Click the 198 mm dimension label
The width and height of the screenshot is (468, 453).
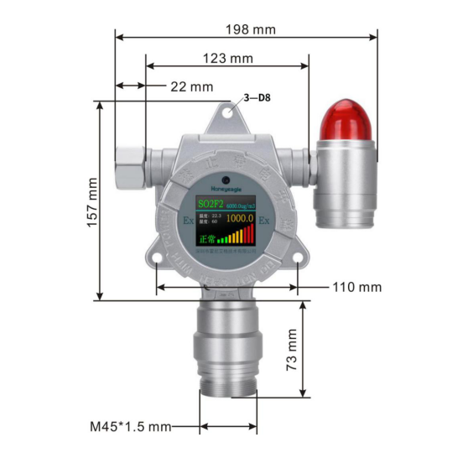(x=250, y=29)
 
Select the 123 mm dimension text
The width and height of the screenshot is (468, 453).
(x=227, y=59)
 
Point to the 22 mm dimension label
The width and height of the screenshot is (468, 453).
(x=191, y=86)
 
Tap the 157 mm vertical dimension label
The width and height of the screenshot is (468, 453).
(x=91, y=201)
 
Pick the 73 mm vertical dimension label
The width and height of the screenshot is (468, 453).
(x=291, y=351)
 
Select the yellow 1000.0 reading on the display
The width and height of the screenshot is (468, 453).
(x=240, y=218)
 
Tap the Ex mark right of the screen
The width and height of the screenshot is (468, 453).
(x=263, y=221)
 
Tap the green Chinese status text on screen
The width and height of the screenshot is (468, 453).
(x=206, y=237)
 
